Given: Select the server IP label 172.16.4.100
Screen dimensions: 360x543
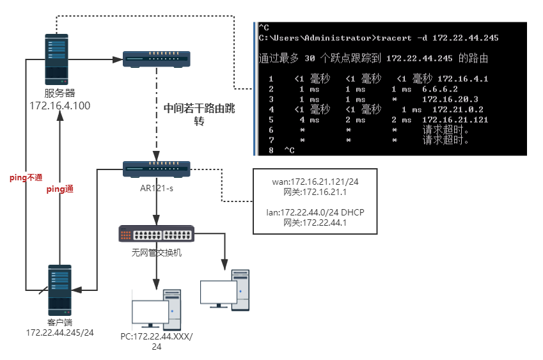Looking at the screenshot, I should point(59,105).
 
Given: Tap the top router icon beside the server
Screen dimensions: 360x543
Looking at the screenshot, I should point(157,59).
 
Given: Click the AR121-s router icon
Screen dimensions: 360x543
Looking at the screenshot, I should point(157,169).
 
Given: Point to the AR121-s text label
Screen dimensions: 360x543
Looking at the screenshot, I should point(157,189).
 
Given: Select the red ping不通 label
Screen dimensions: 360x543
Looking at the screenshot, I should point(26,177).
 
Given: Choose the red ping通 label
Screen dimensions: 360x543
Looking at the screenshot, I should point(60,189).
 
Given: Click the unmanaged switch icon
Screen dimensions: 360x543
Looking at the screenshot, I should point(157,234).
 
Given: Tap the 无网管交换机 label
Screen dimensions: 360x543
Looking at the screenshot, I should point(157,253).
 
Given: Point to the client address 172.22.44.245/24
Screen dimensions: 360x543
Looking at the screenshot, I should point(59,333).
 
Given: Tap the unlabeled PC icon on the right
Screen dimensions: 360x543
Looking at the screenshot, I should point(224,291).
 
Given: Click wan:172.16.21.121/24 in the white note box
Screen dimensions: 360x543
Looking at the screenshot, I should point(315,182).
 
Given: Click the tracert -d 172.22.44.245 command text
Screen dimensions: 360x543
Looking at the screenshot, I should point(437,38).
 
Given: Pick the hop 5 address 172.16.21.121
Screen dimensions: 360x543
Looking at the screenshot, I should point(455,120).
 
